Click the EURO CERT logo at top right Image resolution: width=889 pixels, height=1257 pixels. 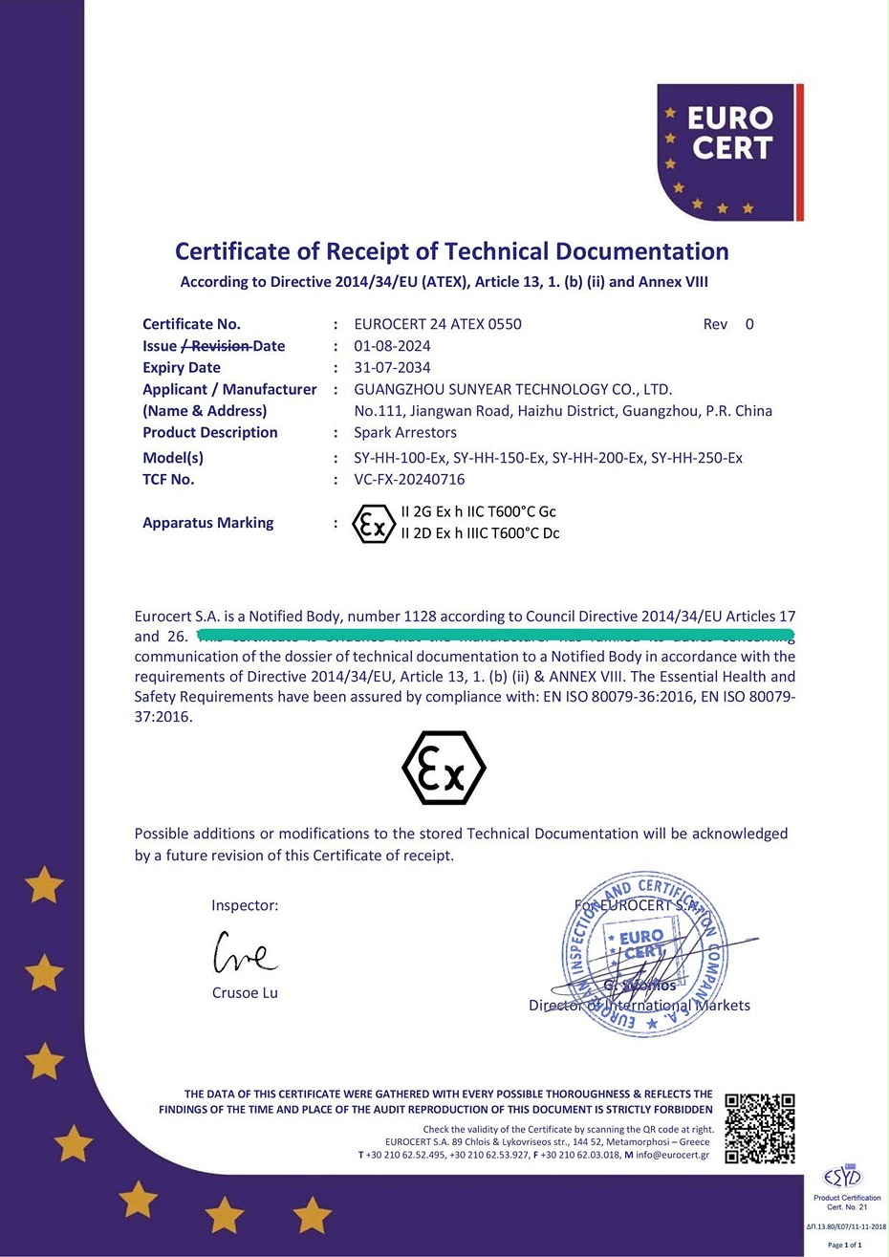[x=729, y=151]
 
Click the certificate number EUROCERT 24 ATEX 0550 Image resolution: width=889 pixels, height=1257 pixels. [x=437, y=324]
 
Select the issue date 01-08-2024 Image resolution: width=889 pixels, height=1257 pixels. [x=392, y=346]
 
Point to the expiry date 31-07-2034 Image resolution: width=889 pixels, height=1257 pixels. [x=392, y=368]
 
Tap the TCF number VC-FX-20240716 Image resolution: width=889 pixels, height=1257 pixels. [x=409, y=480]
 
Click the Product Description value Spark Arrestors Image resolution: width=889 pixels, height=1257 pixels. [x=405, y=433]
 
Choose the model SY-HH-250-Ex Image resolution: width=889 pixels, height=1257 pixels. [x=696, y=458]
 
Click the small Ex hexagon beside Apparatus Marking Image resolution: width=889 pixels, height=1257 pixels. [x=373, y=524]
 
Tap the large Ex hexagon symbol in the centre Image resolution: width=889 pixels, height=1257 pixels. [x=444, y=768]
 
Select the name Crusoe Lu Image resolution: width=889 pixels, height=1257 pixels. [x=245, y=993]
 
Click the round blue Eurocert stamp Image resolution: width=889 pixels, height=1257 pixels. [x=641, y=954]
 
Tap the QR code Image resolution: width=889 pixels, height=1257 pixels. [x=760, y=1129]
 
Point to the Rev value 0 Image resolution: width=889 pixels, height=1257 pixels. [x=749, y=324]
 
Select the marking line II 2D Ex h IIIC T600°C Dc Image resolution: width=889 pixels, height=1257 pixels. [x=480, y=533]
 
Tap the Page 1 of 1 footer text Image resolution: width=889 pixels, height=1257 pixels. [x=844, y=1245]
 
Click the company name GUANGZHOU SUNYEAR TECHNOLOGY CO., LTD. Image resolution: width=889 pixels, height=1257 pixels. [x=512, y=389]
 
